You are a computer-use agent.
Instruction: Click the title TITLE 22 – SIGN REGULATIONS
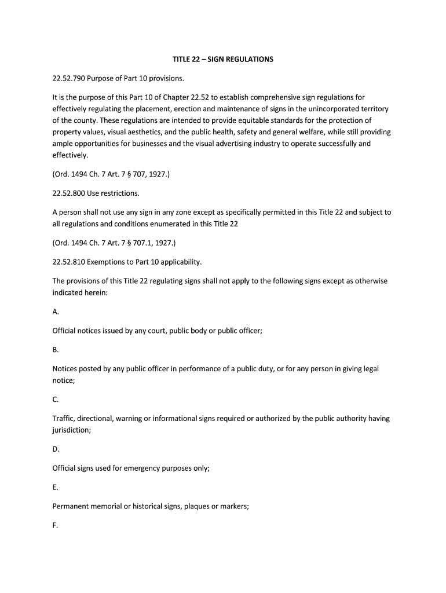223,59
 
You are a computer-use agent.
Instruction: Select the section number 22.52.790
69,78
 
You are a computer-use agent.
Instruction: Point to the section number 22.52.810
69,262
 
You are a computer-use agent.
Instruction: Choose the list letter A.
56,312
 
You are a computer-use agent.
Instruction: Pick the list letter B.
56,350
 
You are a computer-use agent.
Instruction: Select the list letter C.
56,400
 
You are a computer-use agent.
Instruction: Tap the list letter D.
56,449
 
